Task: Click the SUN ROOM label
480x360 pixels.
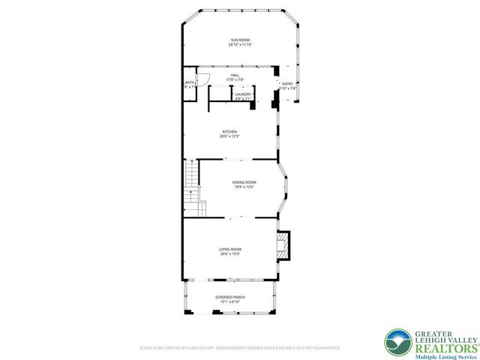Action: [239, 40]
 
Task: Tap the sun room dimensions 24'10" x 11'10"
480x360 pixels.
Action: [239, 45]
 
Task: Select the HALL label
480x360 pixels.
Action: [235, 75]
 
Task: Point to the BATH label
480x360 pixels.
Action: [189, 82]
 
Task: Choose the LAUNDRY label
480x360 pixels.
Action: [242, 94]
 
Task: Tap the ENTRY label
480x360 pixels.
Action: [287, 83]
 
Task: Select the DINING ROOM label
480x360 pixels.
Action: [244, 182]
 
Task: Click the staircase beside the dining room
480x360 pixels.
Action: [193, 180]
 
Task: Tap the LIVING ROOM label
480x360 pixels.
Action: [230, 249]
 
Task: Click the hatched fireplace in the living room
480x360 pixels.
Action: [283, 245]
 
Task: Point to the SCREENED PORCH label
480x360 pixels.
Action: [230, 297]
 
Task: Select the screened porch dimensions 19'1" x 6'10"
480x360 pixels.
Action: [230, 302]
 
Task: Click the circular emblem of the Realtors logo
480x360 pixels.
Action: [397, 343]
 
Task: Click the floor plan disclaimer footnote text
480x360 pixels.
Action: [239, 348]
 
